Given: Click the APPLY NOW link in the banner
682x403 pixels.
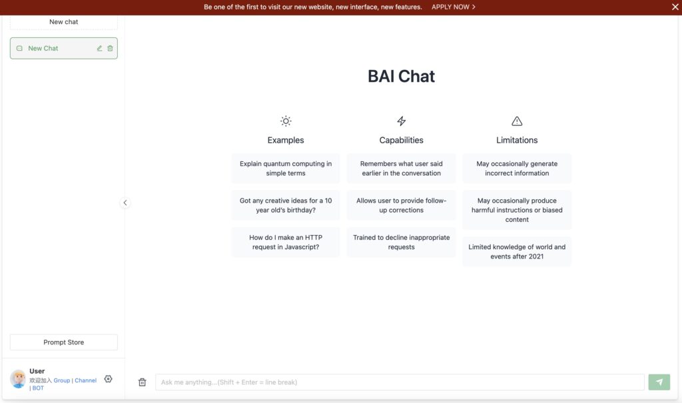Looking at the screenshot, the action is pos(453,7).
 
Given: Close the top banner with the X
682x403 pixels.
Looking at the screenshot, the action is pos(675,7).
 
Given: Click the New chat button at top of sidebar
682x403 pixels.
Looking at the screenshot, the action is pos(63,22).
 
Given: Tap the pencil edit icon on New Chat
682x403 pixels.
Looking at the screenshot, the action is pos(99,49).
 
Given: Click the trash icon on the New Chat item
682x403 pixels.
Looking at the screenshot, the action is pos(110,49).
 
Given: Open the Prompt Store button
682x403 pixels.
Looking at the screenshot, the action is pos(63,342).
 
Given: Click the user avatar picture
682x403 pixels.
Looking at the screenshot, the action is pos(18,378).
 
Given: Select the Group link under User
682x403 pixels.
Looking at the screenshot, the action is pos(62,380).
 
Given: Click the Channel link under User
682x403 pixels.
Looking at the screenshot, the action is pos(86,380).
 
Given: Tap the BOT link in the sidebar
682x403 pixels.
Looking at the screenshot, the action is pos(38,388).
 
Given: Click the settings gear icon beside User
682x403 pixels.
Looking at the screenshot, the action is pos(109,379).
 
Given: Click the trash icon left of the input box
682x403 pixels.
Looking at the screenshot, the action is pos(143,382).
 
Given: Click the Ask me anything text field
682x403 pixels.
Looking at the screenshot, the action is pos(400,382).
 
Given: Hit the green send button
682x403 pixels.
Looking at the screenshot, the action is pos(659,382).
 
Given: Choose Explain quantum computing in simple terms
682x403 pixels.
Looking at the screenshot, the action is pos(286,169).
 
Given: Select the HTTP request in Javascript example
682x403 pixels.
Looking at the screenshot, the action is pos(286,242).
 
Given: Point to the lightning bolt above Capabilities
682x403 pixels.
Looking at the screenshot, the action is pos(402,121).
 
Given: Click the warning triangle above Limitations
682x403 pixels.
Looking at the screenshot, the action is pos(517,121).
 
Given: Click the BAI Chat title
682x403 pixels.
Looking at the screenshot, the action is pos(401,76).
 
